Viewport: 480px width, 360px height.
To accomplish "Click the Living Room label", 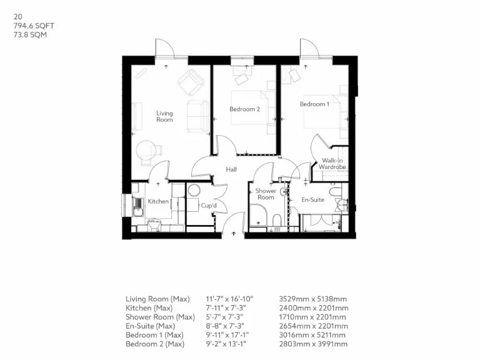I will point(164,116).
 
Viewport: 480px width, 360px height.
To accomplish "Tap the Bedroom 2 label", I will point(244,109).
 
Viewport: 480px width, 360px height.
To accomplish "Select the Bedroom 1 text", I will point(314,104).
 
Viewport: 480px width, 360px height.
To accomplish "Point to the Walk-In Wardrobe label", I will point(331,164).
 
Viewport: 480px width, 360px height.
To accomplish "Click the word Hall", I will point(231,169).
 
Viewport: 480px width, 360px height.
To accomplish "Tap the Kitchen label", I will point(158,201).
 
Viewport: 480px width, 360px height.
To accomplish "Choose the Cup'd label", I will point(208,205).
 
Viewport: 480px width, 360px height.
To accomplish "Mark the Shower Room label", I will point(266,194).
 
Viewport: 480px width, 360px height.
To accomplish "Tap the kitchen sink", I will point(138,206).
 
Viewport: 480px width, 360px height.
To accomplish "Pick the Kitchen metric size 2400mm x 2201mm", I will point(313,308).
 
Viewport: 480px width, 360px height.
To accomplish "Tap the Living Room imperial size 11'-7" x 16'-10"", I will point(229,299).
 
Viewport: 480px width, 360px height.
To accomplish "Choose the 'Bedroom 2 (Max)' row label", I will point(154,344).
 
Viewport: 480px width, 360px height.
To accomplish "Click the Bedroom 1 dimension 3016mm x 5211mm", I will point(313,335).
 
